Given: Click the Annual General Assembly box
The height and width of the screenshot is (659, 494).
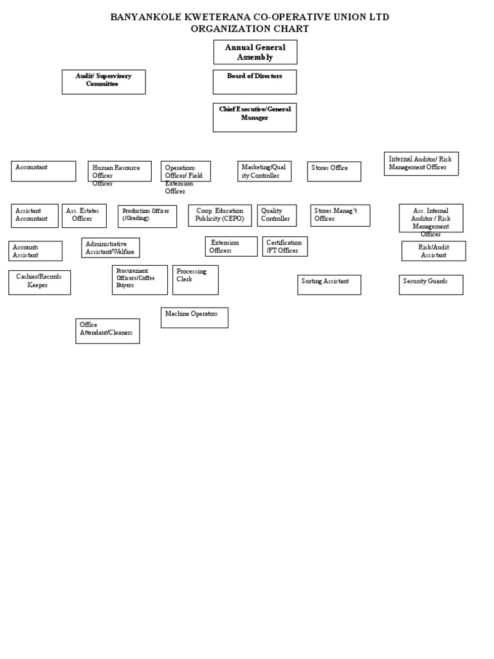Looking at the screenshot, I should (x=255, y=52).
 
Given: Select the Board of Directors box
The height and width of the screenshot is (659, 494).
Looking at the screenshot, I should (x=255, y=82).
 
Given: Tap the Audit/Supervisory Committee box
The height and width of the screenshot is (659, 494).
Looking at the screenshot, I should (x=104, y=82).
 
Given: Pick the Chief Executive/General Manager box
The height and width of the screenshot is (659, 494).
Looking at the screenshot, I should (x=255, y=117).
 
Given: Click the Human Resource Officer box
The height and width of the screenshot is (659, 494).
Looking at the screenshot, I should (x=120, y=171).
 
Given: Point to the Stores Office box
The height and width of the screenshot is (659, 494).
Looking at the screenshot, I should (x=334, y=171).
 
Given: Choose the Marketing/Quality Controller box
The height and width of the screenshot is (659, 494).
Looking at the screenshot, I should (x=264, y=171).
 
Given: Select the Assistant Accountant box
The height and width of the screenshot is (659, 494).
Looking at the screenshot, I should (x=34, y=216).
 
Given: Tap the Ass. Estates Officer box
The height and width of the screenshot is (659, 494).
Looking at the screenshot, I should (x=84, y=216).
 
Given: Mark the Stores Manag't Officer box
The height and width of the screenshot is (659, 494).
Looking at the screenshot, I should (x=340, y=216).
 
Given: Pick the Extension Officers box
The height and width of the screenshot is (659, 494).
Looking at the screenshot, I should (x=231, y=246).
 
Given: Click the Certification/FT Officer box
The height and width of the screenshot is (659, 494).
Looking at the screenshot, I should (x=285, y=246).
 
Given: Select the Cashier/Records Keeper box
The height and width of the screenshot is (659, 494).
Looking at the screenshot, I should (x=39, y=283).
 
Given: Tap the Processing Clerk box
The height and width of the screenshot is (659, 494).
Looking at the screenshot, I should (x=195, y=280).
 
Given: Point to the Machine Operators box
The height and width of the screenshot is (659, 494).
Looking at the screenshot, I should (x=194, y=317).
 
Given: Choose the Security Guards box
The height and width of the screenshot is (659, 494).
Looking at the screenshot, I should (x=431, y=284).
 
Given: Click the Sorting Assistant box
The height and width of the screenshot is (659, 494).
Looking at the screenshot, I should (x=329, y=284).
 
